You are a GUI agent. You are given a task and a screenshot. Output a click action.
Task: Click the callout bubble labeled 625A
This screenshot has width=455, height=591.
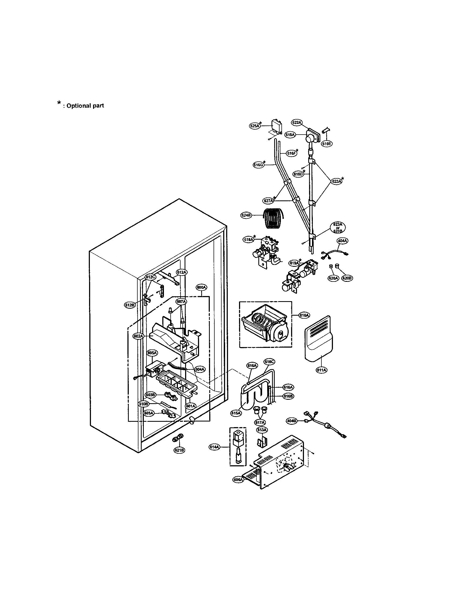pyautogui.click(x=254, y=125)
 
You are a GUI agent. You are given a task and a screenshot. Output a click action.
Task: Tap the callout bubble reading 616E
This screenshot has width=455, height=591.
pyautogui.click(x=326, y=144)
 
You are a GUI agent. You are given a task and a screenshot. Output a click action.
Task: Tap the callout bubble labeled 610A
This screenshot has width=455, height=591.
pyautogui.click(x=304, y=315)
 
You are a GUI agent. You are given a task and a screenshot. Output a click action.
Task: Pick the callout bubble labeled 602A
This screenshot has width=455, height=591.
pyautogui.click(x=138, y=336)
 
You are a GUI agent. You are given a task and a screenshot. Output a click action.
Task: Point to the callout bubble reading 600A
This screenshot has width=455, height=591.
pyautogui.click(x=201, y=288)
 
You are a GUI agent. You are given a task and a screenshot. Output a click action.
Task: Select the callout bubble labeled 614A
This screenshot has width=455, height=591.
pyautogui.click(x=214, y=447)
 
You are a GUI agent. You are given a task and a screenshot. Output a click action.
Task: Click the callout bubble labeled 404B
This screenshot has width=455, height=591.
pyautogui.click(x=292, y=421)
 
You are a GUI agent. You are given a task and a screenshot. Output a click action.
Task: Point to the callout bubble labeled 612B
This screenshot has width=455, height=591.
pyautogui.click(x=129, y=305)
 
